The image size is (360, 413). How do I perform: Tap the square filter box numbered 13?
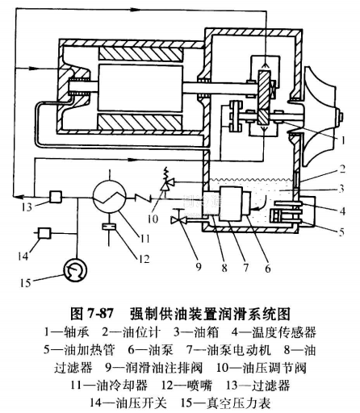coord(56,197)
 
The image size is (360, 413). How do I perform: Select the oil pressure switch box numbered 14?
coord(44,233)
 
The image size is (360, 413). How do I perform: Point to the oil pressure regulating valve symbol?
coord(165,183)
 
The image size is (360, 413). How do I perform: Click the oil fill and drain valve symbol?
coord(178,219)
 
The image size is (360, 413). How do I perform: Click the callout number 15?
coord(25,283)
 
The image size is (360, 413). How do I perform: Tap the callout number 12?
coord(144,259)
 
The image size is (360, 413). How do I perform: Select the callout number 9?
coord(199,267)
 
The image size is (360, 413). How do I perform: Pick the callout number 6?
coord(267,269)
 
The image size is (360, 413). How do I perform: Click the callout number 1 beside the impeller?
coord(342,140)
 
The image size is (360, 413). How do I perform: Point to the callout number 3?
coord(341,189)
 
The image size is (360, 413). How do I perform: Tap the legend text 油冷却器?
coord(122,385)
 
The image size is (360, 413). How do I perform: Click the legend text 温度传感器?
coord(284,332)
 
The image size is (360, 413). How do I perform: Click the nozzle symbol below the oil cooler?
coord(109,227)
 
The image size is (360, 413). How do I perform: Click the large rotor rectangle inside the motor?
coord(140,88)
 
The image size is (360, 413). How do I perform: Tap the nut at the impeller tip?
coord(341,117)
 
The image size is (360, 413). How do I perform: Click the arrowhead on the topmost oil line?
coord(135,9)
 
